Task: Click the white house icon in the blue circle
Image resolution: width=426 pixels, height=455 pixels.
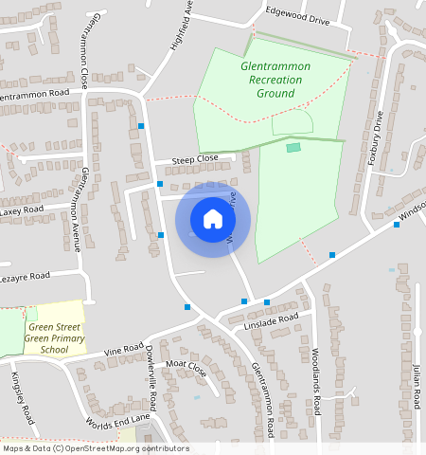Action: pos(213,219)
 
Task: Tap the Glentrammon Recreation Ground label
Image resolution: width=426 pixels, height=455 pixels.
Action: pos(271,81)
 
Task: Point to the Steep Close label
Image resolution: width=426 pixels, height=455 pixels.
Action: pos(194,158)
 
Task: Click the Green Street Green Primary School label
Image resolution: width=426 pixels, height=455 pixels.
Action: pos(55,338)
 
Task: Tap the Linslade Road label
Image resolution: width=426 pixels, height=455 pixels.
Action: pos(271,321)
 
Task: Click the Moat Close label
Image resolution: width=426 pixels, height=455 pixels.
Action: pos(186,365)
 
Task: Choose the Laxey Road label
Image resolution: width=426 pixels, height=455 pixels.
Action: pos(21,209)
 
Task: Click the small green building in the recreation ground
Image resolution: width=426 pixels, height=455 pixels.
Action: pos(293,147)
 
